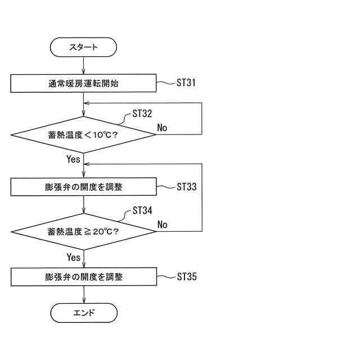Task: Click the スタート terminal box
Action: (x=83, y=47)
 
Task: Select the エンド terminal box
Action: (x=83, y=312)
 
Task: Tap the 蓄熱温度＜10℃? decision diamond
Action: (x=83, y=134)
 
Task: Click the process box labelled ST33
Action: (x=83, y=187)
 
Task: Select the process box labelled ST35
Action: (x=83, y=277)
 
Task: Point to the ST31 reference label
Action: (x=186, y=83)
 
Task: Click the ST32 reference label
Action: (x=142, y=114)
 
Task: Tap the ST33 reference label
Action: (x=186, y=187)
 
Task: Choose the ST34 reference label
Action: (x=142, y=211)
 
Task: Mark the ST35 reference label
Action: (x=186, y=277)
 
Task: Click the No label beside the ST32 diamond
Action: (x=162, y=128)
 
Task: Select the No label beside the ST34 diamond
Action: (x=162, y=225)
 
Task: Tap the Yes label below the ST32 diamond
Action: (x=74, y=159)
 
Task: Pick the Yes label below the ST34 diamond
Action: (x=74, y=257)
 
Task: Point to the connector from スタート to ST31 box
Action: (x=83, y=65)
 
